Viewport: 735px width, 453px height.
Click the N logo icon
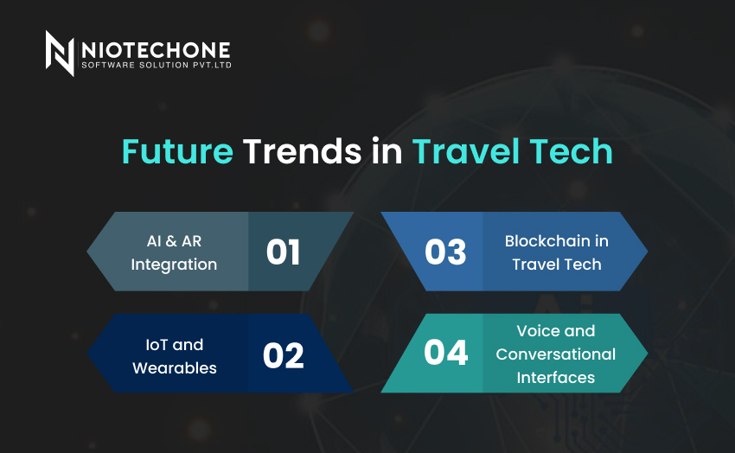click(60, 53)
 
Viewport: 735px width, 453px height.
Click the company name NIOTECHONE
click(157, 50)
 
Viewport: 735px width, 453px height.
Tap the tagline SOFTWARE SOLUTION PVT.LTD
click(157, 65)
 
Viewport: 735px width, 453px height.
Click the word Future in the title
click(177, 151)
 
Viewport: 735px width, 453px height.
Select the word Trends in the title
click(303, 151)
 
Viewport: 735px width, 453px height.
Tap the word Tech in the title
click(571, 151)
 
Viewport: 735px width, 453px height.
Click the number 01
click(283, 252)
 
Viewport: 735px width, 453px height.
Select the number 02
click(283, 355)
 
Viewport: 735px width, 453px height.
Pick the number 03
click(445, 252)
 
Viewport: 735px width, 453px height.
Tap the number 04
click(446, 352)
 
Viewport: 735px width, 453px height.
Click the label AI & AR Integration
click(174, 252)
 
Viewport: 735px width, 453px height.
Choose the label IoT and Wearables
click(175, 356)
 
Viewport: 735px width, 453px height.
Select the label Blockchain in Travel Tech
click(556, 252)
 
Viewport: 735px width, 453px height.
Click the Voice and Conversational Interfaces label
click(555, 354)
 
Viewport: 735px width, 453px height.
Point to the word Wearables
click(175, 368)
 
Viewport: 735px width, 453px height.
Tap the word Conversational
click(555, 354)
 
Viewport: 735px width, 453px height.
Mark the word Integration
click(174, 265)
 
